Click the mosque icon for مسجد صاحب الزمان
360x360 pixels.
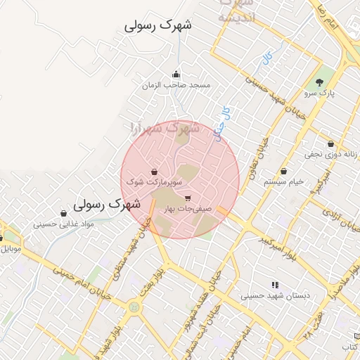click(x=176, y=75)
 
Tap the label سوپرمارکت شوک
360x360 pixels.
click(x=154, y=182)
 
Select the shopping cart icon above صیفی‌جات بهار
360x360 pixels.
click(x=187, y=198)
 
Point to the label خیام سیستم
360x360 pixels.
click(x=284, y=181)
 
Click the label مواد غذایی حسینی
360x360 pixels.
click(x=64, y=224)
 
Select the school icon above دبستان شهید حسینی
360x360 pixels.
click(x=275, y=285)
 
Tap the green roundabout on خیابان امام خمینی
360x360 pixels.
click(x=134, y=307)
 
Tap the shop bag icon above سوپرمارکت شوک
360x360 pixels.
click(x=154, y=172)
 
